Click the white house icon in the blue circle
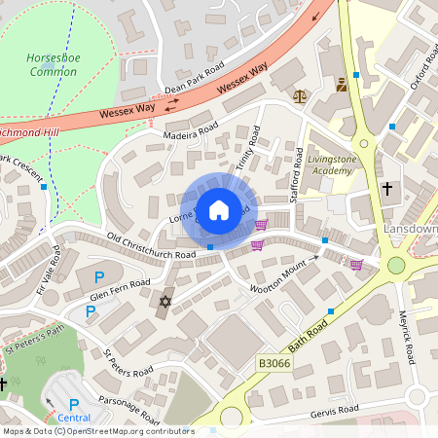click(x=219, y=209)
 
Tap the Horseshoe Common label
click(x=53, y=65)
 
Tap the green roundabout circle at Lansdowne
click(x=396, y=265)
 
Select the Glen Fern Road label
click(x=120, y=283)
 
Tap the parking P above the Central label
click(x=74, y=404)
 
